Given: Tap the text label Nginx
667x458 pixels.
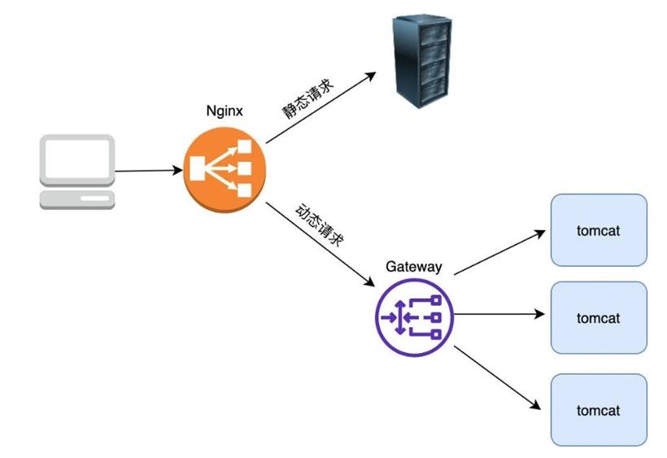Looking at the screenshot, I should [223, 111].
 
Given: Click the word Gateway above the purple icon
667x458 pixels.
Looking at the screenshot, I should [414, 267].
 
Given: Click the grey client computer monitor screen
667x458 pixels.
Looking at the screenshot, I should [78, 160].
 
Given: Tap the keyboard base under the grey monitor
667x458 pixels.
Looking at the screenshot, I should [78, 199].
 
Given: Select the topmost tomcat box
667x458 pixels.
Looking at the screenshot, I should [599, 230].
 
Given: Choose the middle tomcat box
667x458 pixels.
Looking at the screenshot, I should [599, 318].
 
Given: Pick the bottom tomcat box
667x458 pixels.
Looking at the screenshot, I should [599, 410].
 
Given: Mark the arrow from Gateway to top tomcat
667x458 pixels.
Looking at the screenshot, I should [498, 252].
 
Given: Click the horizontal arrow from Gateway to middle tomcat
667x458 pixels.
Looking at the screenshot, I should [498, 312].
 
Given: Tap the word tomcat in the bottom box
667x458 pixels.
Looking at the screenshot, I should [599, 411].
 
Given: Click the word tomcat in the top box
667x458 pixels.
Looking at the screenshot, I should [599, 231].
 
